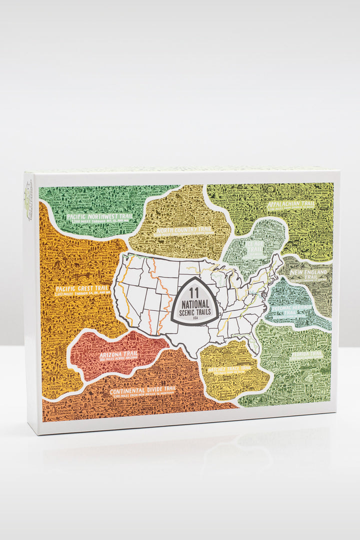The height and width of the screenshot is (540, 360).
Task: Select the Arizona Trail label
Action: [118, 354]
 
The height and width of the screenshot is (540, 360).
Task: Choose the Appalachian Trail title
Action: [290, 204]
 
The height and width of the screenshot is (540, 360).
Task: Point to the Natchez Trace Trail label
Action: [231, 368]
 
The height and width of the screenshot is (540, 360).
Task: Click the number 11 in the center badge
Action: [194, 289]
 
